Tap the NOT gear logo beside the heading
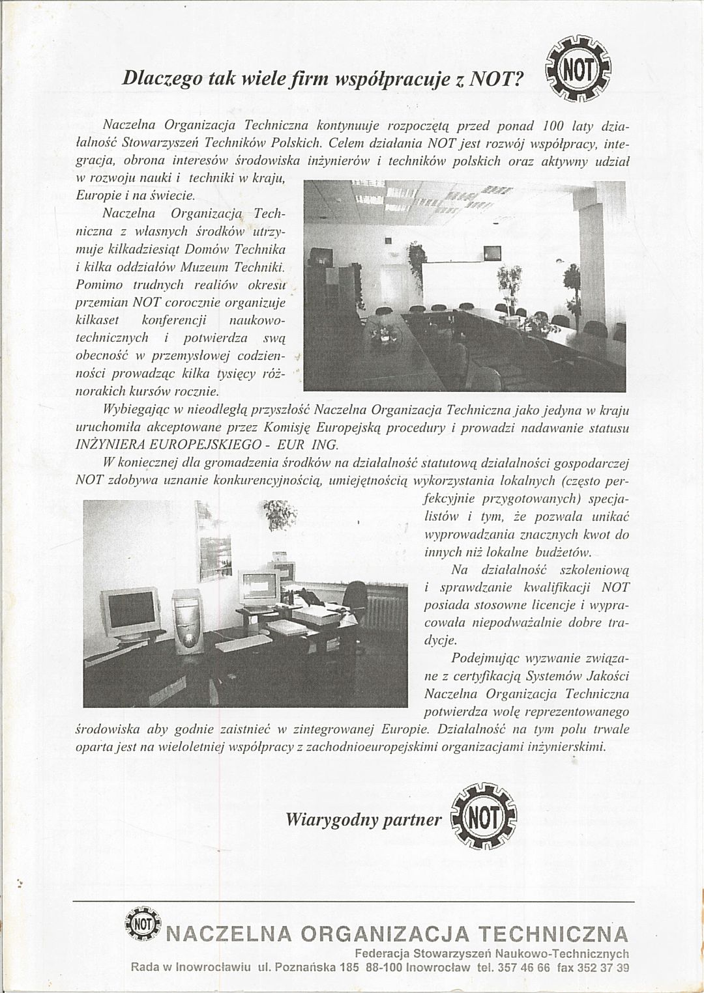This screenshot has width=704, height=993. [x=578, y=69]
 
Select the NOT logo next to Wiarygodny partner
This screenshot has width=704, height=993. [x=484, y=817]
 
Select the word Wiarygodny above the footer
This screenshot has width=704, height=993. [x=332, y=819]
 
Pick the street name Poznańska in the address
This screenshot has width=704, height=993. [x=305, y=968]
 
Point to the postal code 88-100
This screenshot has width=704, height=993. [x=383, y=968]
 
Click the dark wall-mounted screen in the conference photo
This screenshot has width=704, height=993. [x=491, y=253]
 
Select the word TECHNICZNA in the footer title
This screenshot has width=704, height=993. [x=553, y=934]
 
